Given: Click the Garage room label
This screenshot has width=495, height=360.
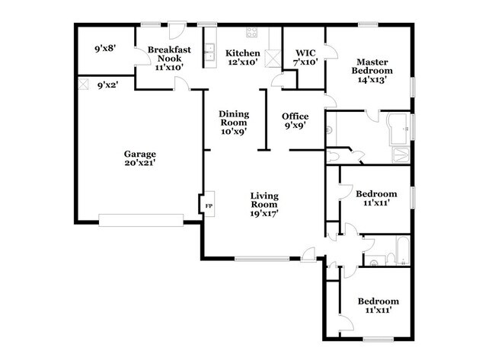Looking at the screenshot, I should [140, 153].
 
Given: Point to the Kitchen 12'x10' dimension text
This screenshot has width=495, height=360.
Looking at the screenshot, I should [242, 62].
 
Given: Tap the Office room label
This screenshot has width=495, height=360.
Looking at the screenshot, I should [295, 116].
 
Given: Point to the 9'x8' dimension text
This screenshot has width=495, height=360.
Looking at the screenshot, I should [105, 49].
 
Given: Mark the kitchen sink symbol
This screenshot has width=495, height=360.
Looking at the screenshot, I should [208, 52].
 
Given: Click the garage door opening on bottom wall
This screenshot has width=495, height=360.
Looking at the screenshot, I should [141, 221].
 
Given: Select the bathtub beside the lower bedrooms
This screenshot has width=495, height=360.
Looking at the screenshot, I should [401, 250].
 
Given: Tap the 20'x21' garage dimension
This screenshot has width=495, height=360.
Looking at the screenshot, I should [140, 162].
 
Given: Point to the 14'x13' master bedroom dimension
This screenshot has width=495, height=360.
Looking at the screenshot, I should [370, 80].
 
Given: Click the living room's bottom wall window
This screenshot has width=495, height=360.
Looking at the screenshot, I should [262, 260].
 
